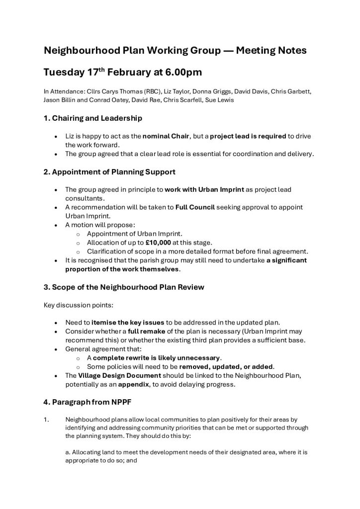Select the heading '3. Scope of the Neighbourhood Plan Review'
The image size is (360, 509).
[x=124, y=287]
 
